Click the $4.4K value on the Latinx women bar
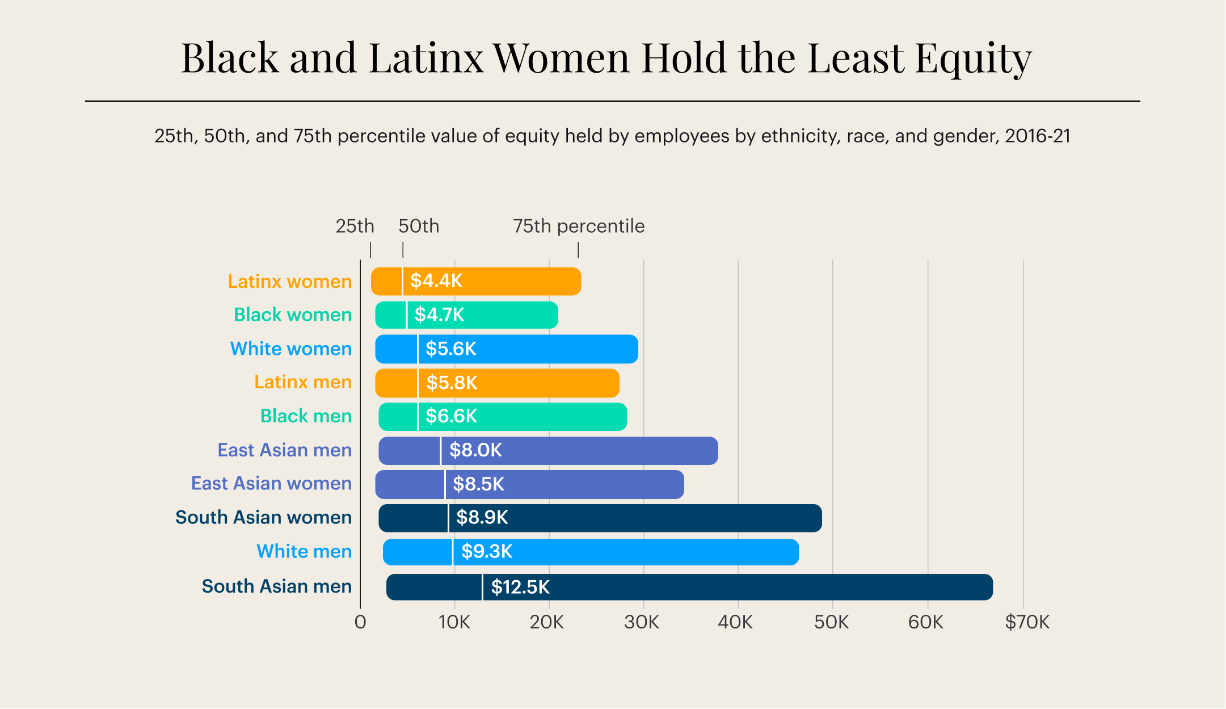pyautogui.click(x=436, y=281)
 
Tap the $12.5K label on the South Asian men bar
pyautogui.click(x=520, y=587)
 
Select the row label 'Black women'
pyautogui.click(x=293, y=314)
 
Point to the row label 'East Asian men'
pyautogui.click(x=284, y=450)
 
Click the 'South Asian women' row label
pyautogui.click(x=263, y=518)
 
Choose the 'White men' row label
pyautogui.click(x=304, y=552)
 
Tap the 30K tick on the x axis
pyautogui.click(x=642, y=623)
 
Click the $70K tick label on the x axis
pyautogui.click(x=1027, y=623)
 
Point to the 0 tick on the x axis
pyautogui.click(x=360, y=623)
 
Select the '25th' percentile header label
pyautogui.click(x=355, y=226)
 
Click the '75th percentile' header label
pyautogui.click(x=579, y=226)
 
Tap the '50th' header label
pyautogui.click(x=419, y=226)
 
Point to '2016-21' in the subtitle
pyautogui.click(x=1037, y=136)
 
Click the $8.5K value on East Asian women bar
pyautogui.click(x=478, y=484)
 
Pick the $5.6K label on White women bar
pyautogui.click(x=451, y=349)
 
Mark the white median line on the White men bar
pyautogui.click(x=452, y=552)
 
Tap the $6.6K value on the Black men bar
pyautogui.click(x=451, y=417)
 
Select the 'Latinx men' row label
pyautogui.click(x=303, y=382)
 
